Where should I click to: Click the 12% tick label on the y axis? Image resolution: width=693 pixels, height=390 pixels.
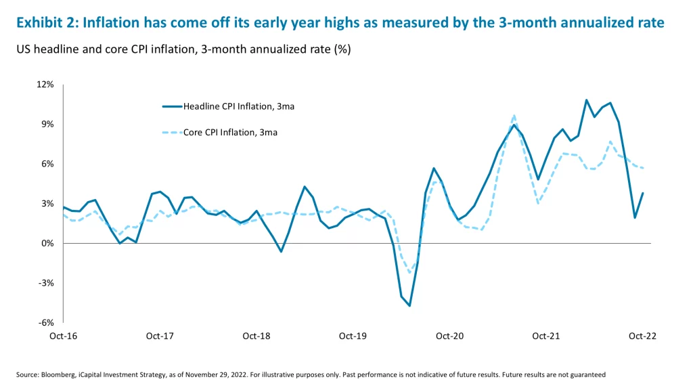[45, 85]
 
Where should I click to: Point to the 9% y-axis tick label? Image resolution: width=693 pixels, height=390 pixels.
[47, 125]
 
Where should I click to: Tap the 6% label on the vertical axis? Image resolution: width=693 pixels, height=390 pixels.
[47, 164]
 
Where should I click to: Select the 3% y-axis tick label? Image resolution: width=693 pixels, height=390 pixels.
[47, 204]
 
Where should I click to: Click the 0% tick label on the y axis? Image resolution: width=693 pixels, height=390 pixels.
[47, 244]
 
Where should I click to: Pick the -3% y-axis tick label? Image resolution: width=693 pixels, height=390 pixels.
[46, 283]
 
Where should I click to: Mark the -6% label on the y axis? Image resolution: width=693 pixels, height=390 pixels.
[46, 323]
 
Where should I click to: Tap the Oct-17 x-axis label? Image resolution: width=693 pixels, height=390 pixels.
[160, 336]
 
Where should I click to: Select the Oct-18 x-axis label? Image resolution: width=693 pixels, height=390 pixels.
[256, 336]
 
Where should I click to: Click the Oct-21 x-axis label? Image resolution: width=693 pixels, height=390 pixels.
[545, 336]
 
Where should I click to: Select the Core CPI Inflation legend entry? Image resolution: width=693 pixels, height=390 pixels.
[230, 133]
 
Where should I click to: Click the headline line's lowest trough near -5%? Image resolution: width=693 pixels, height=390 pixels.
[409, 305]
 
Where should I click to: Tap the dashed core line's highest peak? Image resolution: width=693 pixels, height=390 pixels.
[514, 116]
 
